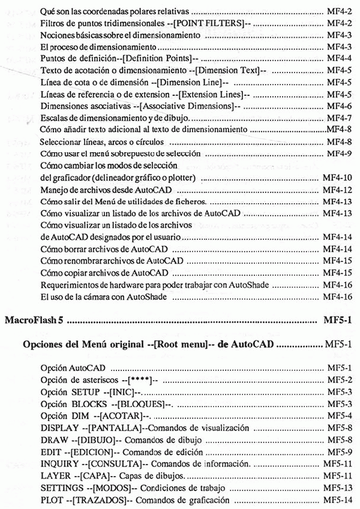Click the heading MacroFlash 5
(x=34, y=324)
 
